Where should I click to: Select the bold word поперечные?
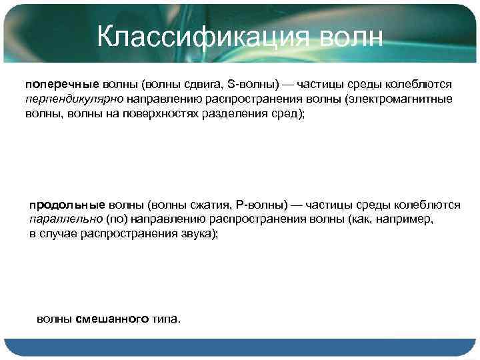(x=62, y=85)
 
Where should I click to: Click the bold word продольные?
(x=67, y=204)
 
